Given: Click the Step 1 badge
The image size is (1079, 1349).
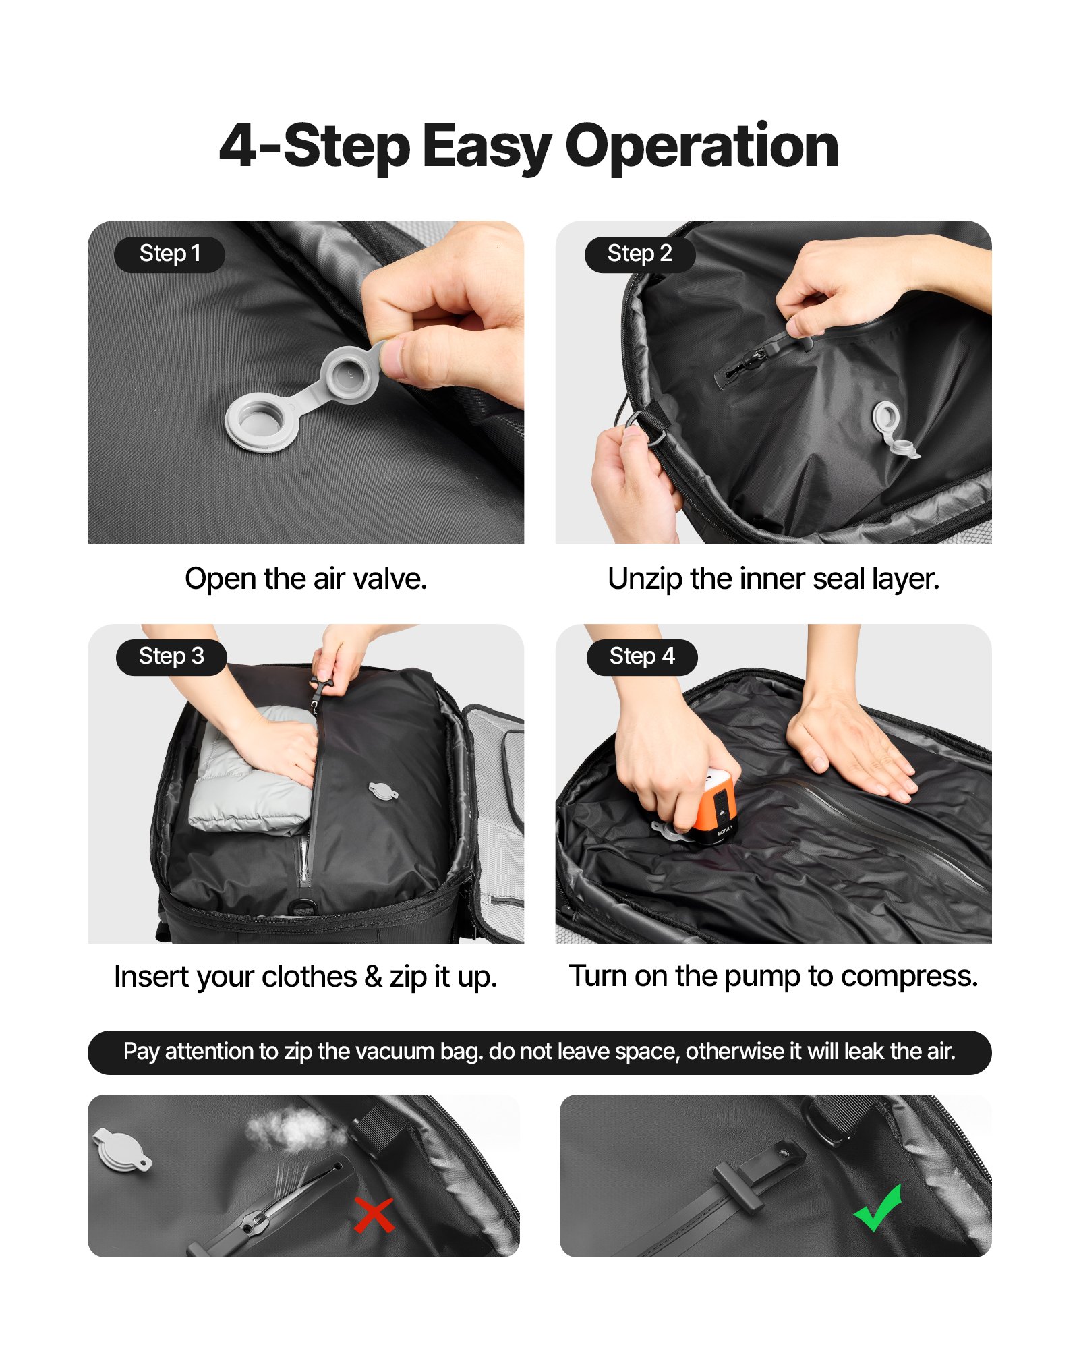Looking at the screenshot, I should click(x=169, y=254).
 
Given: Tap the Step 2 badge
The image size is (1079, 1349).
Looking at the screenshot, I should click(x=639, y=254).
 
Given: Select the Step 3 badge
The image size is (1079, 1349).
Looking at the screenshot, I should click(x=171, y=657).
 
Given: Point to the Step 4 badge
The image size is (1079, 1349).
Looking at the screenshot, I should click(x=641, y=657).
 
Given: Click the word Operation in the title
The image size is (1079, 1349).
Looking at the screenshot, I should click(x=701, y=146).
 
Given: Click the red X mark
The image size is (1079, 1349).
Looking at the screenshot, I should click(x=374, y=1215).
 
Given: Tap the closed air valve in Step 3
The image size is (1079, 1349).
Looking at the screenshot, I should click(x=382, y=791).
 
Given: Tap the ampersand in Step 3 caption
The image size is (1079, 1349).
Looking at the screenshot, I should click(x=373, y=977).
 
